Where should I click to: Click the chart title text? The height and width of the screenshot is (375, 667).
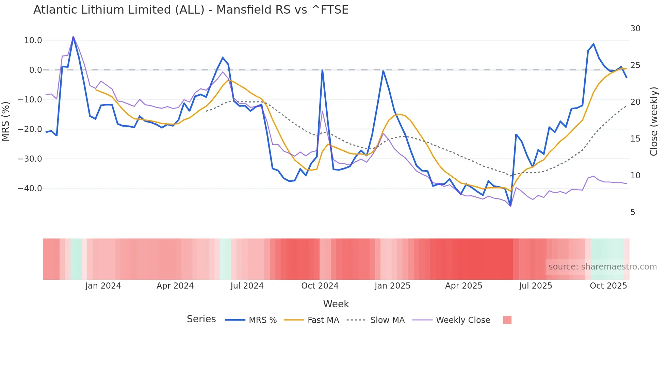[191, 10]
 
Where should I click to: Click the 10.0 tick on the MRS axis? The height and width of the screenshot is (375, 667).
[33, 40]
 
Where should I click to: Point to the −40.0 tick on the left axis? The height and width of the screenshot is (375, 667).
[30, 188]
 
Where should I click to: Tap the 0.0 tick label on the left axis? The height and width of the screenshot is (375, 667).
[35, 70]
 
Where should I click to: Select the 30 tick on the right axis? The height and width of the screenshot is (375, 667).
[635, 29]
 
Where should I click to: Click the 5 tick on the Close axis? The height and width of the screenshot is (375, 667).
[633, 212]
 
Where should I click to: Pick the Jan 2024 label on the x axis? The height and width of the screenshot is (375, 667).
[103, 286]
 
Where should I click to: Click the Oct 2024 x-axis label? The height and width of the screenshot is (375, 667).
[320, 286]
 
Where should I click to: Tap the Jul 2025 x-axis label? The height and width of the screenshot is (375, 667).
[535, 286]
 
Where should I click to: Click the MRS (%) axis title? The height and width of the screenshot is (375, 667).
[6, 121]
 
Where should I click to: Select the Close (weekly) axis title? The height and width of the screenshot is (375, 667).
[654, 121]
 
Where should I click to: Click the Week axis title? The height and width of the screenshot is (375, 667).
[336, 304]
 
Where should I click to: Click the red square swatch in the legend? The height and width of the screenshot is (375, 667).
[507, 320]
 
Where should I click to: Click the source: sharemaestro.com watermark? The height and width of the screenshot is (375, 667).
[602, 267]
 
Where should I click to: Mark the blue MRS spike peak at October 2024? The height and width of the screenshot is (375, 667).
[322, 70]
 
